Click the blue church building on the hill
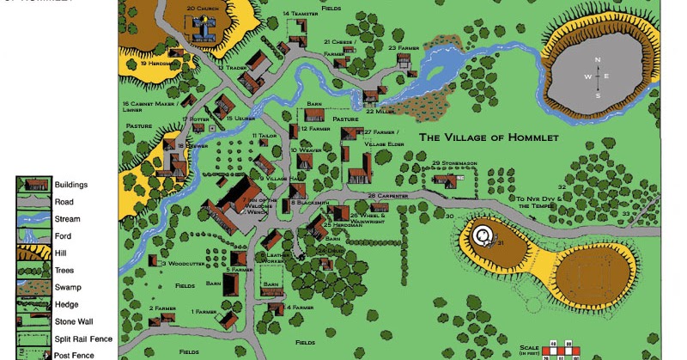tap(204, 29)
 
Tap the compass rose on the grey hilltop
tap(599, 76)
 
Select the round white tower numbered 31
tap(484, 235)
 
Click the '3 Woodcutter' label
tap(181, 264)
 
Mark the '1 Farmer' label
tap(204, 311)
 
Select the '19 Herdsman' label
tap(159, 63)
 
